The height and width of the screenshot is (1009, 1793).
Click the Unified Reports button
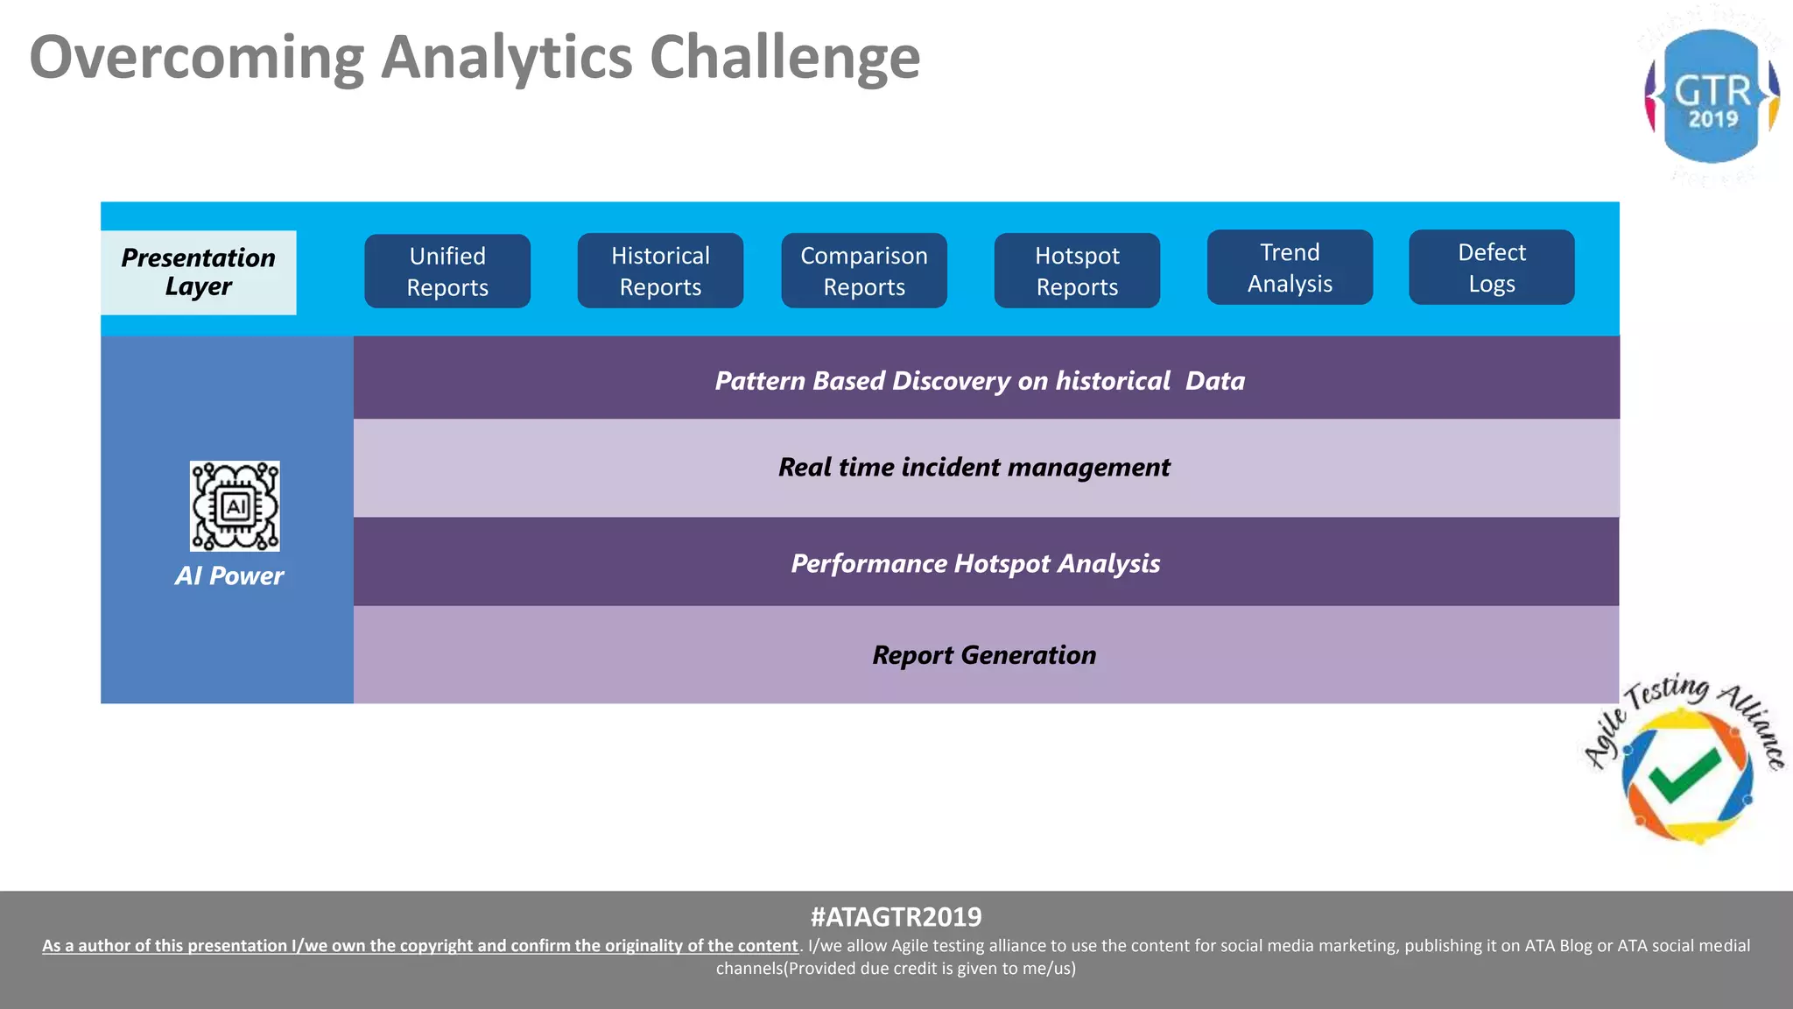447,271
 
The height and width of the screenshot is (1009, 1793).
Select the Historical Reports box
660,271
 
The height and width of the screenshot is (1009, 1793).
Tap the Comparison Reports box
864,271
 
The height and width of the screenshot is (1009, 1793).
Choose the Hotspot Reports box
1077,271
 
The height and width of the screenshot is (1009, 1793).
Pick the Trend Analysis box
1290,267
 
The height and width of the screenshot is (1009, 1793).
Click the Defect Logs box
1491,267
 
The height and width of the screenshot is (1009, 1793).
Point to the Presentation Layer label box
199,272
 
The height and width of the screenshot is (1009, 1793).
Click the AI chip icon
235,506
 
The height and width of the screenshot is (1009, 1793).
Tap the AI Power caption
229,575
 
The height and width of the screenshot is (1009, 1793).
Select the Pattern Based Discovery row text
980,381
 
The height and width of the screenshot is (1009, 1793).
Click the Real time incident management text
974,467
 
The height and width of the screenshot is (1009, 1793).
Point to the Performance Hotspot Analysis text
975,563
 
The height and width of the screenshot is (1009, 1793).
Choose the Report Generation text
984,655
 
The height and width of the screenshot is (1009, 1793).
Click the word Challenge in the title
784,58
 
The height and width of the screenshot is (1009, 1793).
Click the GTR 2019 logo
1712,96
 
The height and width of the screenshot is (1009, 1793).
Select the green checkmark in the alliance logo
1684,776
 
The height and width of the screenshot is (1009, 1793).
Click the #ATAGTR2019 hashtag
896,917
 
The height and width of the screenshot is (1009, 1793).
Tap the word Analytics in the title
507,58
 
